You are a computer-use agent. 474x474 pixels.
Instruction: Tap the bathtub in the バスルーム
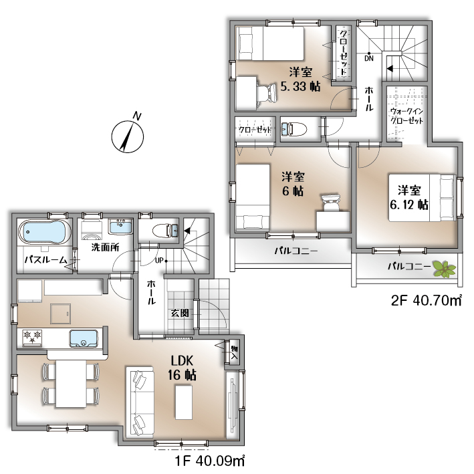(44, 231)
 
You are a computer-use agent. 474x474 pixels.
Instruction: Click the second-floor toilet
(293, 130)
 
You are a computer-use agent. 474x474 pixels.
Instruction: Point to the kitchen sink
(84, 338)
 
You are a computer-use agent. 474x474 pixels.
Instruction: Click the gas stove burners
(32, 337)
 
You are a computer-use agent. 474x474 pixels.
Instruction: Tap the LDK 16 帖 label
(182, 368)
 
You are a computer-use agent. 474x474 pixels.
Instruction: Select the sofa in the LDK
(140, 402)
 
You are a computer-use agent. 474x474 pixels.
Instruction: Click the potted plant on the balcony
(444, 269)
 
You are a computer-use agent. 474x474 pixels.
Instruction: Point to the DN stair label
(369, 58)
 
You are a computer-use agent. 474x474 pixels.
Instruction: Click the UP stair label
(159, 260)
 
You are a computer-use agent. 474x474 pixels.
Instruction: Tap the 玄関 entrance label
(180, 313)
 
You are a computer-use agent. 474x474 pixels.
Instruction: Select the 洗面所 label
(105, 247)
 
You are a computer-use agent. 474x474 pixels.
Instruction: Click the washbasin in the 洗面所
(120, 227)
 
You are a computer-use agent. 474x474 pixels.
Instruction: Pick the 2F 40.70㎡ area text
(427, 300)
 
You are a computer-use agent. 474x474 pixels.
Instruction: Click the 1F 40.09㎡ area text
(210, 461)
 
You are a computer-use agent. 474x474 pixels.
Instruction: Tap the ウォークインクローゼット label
(406, 116)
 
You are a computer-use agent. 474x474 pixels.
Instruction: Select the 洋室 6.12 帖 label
(409, 198)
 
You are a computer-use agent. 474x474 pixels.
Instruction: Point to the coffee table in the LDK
(184, 402)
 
